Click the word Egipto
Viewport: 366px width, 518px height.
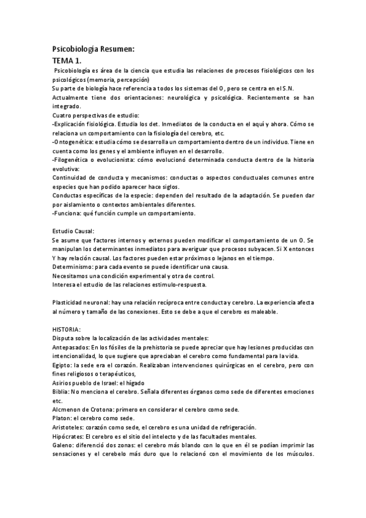(x=62, y=365)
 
